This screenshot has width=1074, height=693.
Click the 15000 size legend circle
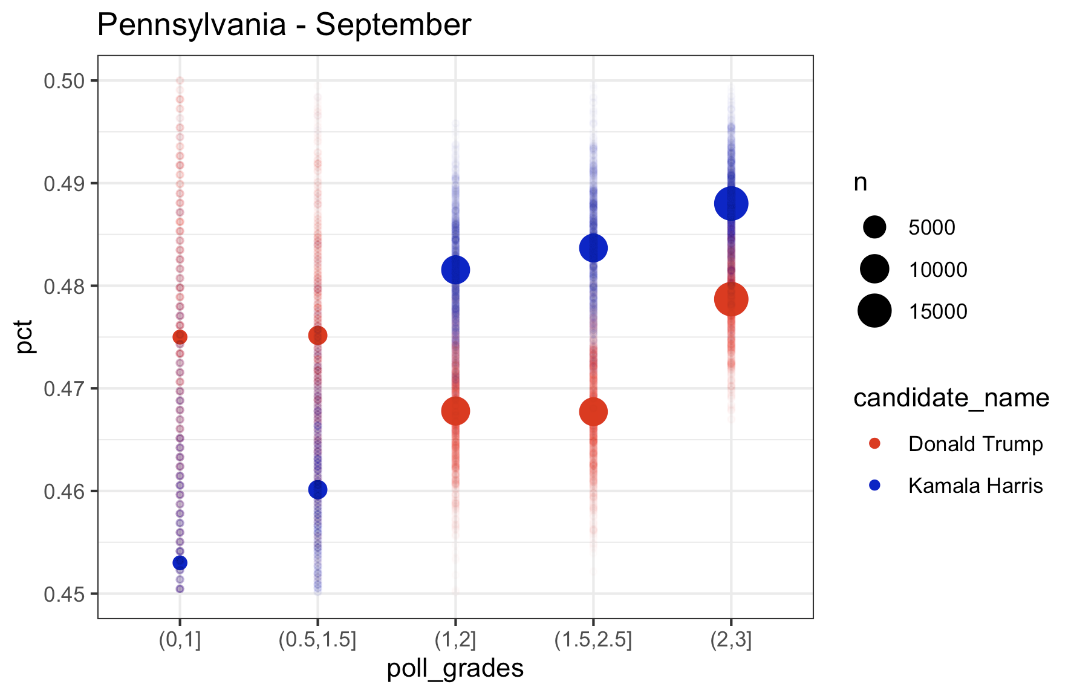pos(874,311)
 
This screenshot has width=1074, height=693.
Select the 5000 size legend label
pos(931,227)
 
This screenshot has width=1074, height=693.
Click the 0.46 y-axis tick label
pos(63,491)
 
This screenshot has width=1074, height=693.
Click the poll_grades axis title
pos(455,668)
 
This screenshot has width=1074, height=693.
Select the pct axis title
pos(25,336)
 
